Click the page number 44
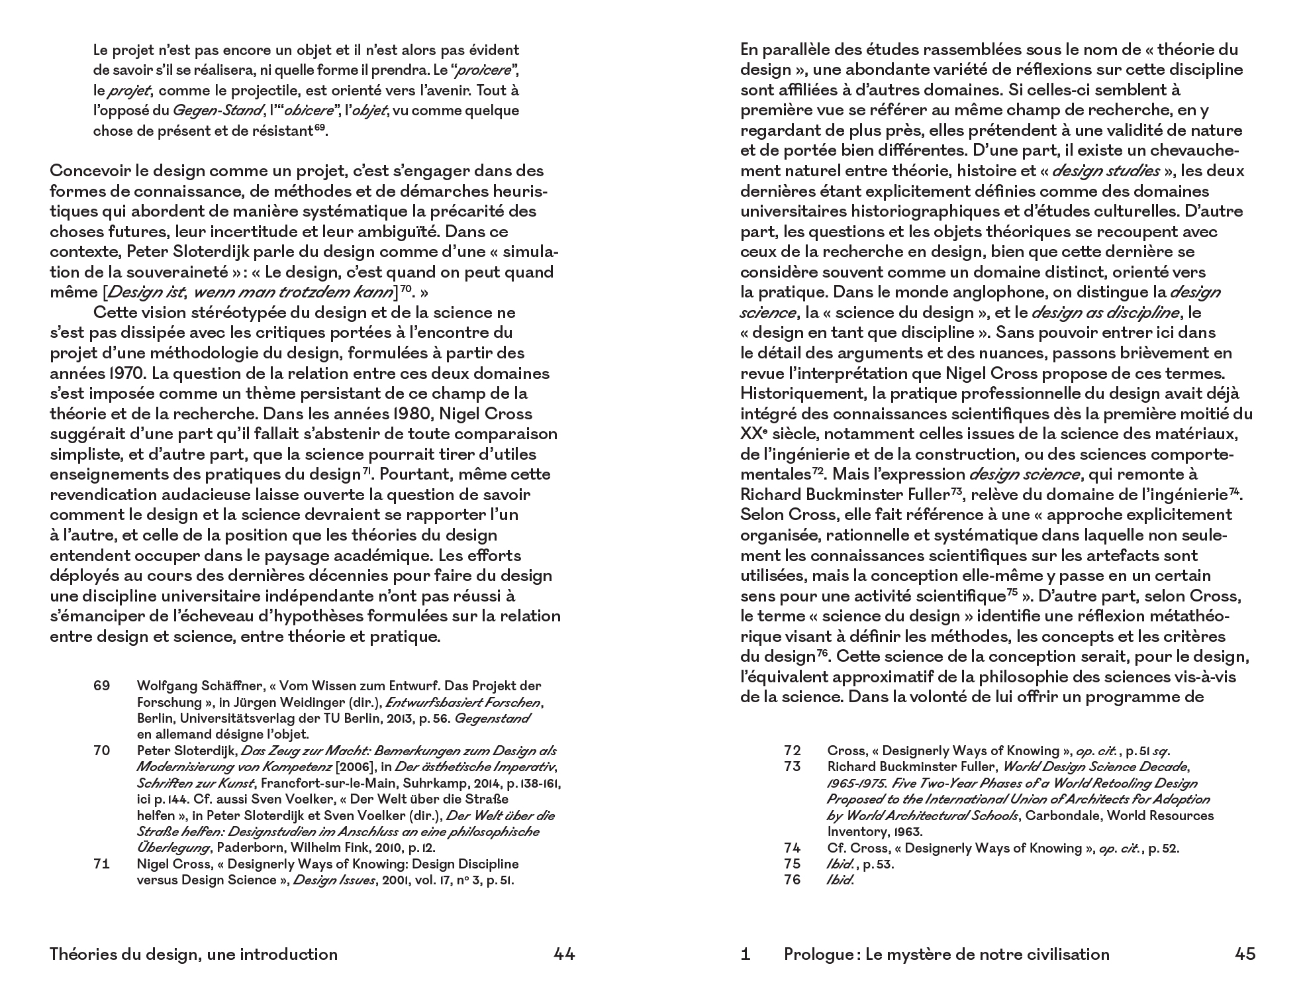[x=564, y=955]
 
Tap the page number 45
[x=1245, y=955]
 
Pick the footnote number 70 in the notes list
[x=101, y=751]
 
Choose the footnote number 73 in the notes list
[x=792, y=767]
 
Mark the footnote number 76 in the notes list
[x=792, y=880]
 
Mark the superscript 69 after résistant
[x=320, y=128]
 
